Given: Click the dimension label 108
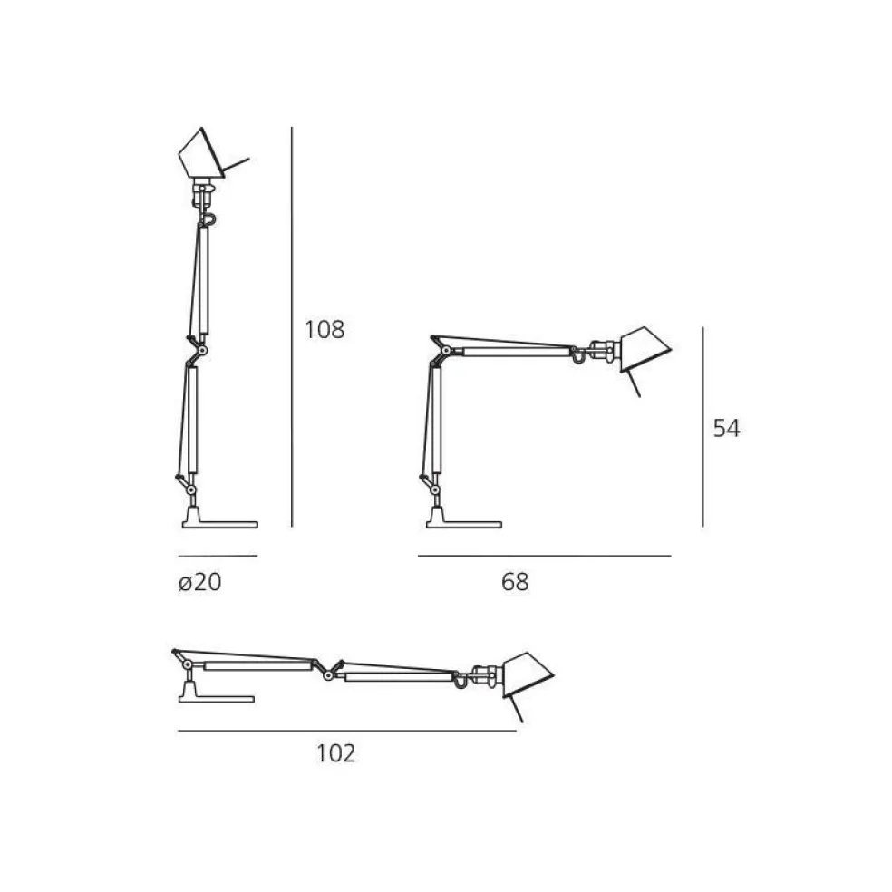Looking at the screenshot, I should pos(325,329).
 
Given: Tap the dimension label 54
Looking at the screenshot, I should pos(726,429).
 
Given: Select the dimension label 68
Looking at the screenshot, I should pos(514,582).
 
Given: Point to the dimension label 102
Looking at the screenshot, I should pos(336,752).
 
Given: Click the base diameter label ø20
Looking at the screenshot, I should pos(199,582).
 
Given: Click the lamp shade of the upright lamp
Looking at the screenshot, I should pos(201,156).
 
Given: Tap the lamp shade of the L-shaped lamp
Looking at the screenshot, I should pos(643,349).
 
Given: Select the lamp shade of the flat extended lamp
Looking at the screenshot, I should pos(527,672).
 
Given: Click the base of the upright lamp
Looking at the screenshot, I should pos(219,520).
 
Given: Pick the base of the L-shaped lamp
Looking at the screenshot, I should pos(462,520).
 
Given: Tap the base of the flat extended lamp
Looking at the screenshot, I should pos(216,695).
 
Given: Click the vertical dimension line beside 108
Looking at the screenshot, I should pos(292,326).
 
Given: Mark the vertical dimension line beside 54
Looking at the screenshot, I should pos(703,426).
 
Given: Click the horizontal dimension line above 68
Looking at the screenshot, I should pos(544,556).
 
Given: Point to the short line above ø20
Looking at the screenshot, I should pos(218,556).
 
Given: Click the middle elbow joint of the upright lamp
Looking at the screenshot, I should pos(199,349).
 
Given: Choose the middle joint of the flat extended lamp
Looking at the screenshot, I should pos(328,668).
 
